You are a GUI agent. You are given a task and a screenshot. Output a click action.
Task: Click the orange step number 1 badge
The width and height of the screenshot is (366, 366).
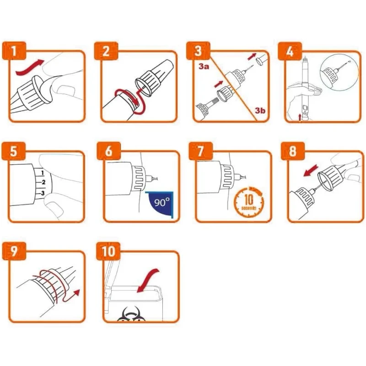tap(14, 51)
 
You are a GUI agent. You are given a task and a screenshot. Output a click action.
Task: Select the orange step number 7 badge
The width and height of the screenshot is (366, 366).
tap(201, 151)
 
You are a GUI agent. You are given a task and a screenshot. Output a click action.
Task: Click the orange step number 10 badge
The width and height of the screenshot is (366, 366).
tap(108, 251)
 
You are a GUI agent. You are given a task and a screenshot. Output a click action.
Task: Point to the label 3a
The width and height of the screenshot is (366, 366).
tap(204, 66)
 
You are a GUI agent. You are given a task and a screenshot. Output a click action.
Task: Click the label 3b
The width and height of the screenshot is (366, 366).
tap(260, 110)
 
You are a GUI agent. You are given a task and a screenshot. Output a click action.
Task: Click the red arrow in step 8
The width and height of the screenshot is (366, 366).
tap(311, 170)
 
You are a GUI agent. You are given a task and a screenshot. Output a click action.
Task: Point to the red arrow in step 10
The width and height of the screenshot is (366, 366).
tap(148, 280)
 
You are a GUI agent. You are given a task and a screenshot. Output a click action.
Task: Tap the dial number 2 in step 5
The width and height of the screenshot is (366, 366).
tap(43, 182)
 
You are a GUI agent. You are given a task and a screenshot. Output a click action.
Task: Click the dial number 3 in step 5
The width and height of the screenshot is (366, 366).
tap(43, 193)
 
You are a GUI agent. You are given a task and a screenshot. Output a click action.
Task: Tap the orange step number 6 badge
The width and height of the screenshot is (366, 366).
tap(109, 151)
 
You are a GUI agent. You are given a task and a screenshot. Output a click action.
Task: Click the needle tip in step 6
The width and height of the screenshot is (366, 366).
tap(158, 178)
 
